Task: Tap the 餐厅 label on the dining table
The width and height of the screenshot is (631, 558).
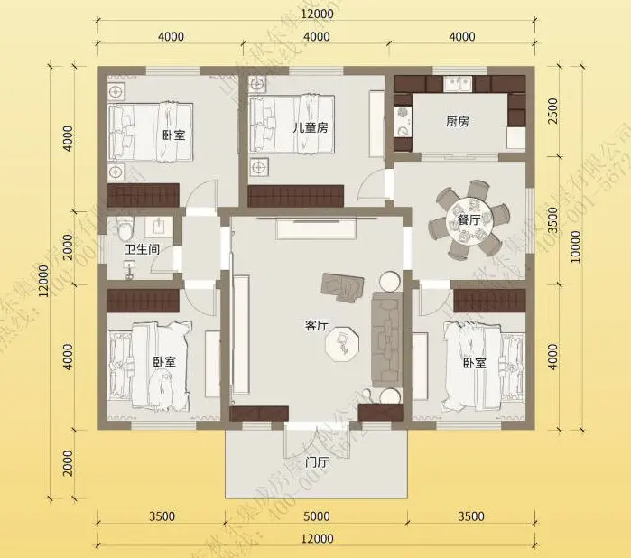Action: pyautogui.click(x=468, y=219)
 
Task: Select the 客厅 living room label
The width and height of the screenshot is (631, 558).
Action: pyautogui.click(x=316, y=327)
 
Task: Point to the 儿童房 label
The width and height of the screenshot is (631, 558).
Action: pyautogui.click(x=310, y=127)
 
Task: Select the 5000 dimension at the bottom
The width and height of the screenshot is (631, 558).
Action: pyautogui.click(x=316, y=517)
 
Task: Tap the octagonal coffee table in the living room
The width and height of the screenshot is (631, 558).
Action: pyautogui.click(x=343, y=342)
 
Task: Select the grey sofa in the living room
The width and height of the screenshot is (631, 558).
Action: pyautogui.click(x=385, y=329)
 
